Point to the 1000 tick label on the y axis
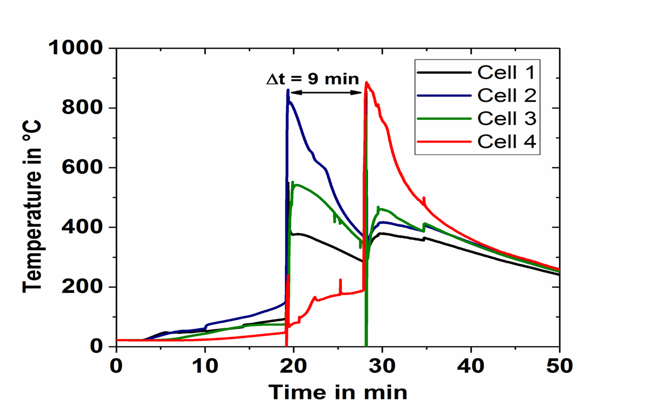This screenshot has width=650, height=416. (x=76, y=48)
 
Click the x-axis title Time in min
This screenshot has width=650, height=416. (x=338, y=391)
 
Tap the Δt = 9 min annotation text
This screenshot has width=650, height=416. (x=313, y=79)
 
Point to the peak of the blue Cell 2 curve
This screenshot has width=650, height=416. (x=288, y=90)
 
